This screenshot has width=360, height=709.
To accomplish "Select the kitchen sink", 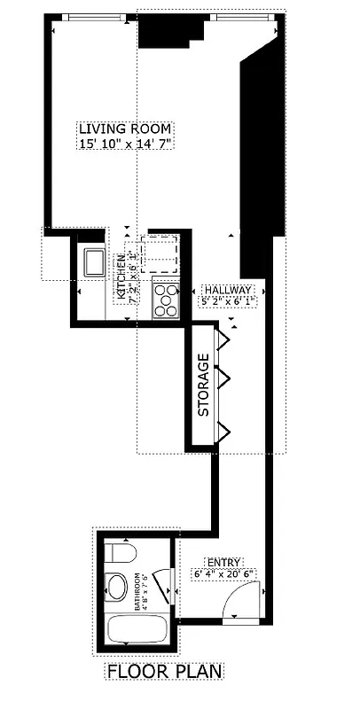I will click(95, 262).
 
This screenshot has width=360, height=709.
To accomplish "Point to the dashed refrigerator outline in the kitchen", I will click(162, 252).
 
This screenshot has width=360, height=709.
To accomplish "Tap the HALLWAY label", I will click(228, 290).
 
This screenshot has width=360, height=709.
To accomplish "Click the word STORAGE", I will click(203, 386).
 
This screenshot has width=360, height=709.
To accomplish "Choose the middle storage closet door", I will click(226, 381).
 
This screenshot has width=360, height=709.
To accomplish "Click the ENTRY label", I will click(223, 562).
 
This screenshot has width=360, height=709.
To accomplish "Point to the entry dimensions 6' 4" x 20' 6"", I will click(223, 574).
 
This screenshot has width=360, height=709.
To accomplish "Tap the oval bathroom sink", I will click(116, 588).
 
